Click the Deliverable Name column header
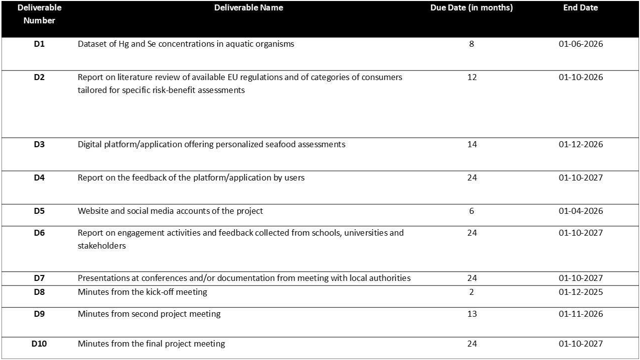click(248, 8)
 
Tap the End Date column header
click(580, 8)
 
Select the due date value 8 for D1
click(472, 44)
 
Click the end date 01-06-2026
click(580, 44)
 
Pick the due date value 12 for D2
click(472, 78)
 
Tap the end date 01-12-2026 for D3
click(580, 145)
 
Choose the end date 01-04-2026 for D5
click(580, 211)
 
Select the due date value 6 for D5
click(472, 211)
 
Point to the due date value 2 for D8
click(472, 292)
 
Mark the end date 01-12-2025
click(580, 292)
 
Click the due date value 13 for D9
click(472, 314)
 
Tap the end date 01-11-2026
click(580, 314)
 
